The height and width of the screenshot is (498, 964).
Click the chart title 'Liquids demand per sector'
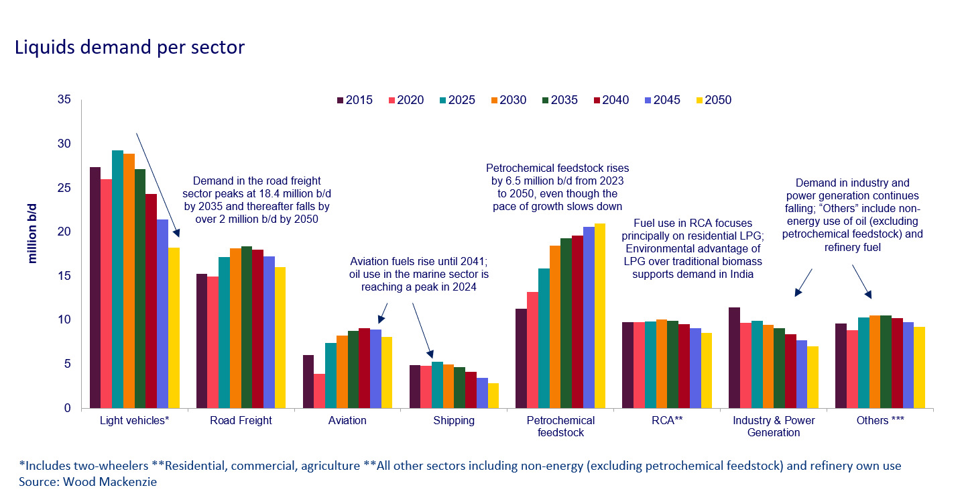coord(129,48)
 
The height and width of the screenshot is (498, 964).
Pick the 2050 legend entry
coord(713,100)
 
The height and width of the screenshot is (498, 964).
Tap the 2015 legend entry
coord(354,100)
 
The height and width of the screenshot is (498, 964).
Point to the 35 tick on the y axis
coord(64,100)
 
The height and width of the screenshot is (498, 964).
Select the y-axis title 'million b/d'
coord(32,232)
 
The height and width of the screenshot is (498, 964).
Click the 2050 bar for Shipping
coord(493,395)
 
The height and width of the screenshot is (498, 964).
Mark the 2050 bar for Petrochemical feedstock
coord(600,315)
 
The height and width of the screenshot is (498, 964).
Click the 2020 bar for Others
coord(851,369)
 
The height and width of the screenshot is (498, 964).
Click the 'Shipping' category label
coord(453,421)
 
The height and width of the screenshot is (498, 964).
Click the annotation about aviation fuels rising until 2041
coord(419,275)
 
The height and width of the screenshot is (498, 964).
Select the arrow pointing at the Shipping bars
coord(423,329)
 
